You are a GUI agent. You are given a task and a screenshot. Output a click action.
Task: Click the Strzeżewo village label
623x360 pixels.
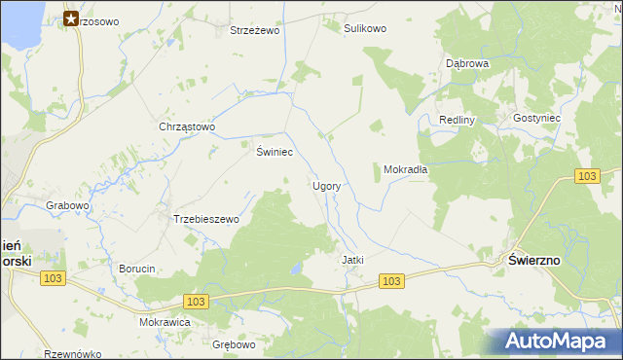[x=255, y=31]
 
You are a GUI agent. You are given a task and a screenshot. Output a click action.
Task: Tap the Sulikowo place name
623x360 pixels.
[x=365, y=29]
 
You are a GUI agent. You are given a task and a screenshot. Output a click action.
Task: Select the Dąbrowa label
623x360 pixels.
[x=466, y=63]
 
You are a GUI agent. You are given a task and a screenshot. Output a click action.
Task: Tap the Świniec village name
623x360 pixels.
[x=275, y=152]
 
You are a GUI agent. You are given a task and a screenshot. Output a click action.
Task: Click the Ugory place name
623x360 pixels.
[x=325, y=185]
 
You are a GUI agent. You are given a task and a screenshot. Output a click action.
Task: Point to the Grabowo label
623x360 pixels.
[x=68, y=206]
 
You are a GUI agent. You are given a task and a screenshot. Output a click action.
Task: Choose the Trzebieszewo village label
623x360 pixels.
[x=205, y=220]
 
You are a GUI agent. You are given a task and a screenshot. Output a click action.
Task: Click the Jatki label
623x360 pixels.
[x=352, y=261]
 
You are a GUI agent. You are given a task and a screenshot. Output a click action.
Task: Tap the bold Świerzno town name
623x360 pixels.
[x=534, y=260]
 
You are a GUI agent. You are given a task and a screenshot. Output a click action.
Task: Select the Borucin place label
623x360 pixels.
[x=137, y=269]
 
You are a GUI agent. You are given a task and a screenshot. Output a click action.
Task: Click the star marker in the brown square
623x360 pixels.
[x=71, y=18]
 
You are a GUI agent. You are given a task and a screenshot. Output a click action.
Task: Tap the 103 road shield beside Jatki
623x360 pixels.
[x=391, y=281]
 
